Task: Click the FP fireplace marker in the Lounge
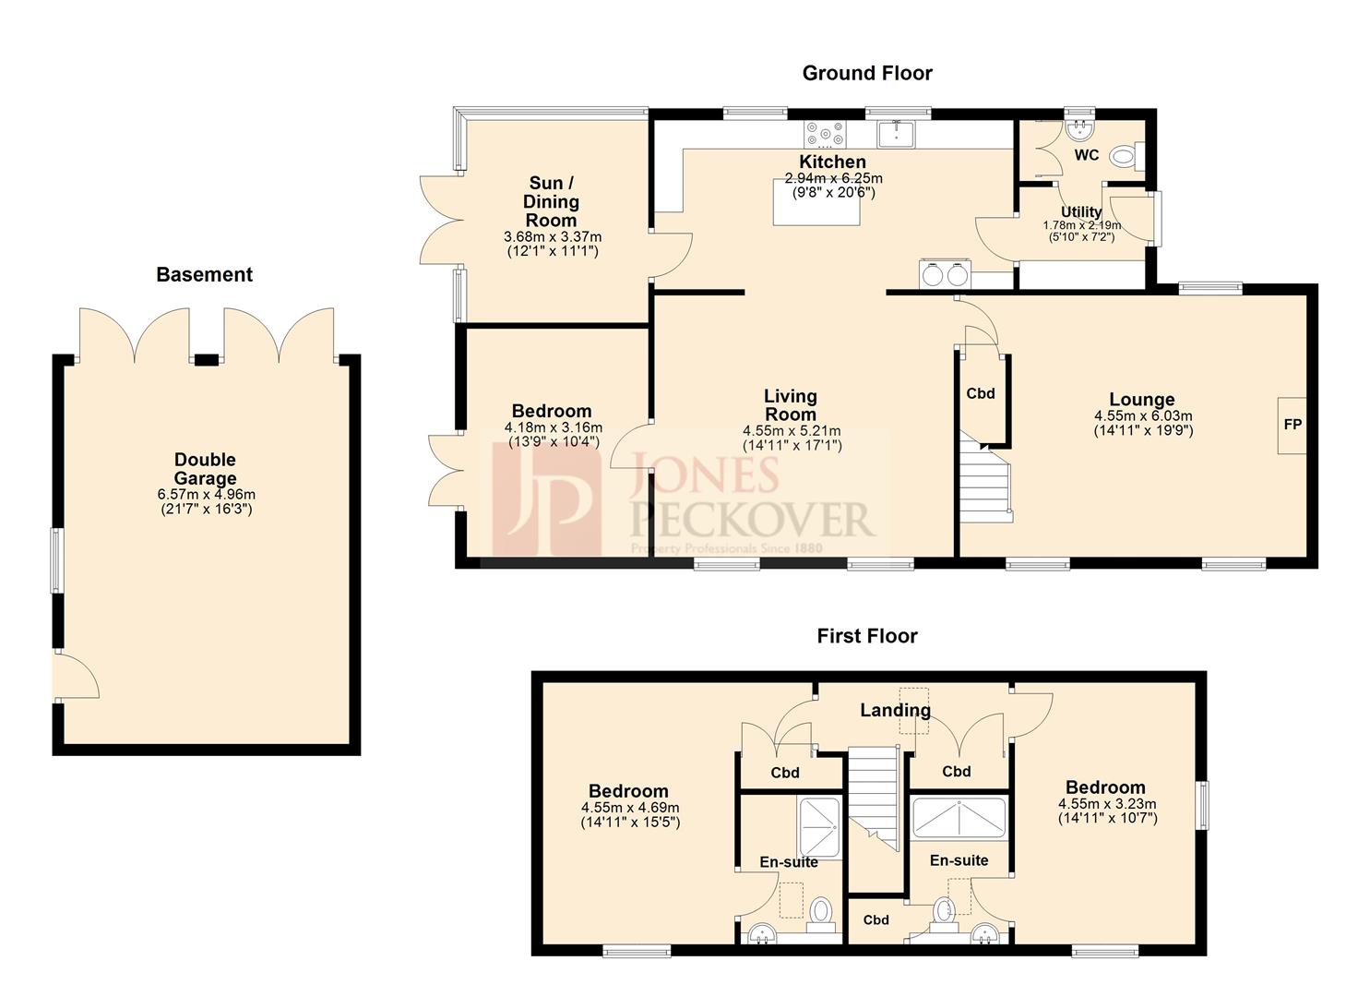click(1292, 425)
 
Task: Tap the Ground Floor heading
click(866, 73)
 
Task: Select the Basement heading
click(204, 274)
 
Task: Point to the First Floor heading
click(866, 636)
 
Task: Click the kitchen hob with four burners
click(824, 135)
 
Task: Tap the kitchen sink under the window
click(896, 134)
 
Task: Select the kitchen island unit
click(816, 202)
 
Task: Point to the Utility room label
click(1081, 211)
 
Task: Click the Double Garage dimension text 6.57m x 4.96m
click(206, 495)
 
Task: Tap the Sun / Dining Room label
click(551, 201)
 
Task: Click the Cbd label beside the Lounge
click(980, 393)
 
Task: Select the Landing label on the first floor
click(895, 710)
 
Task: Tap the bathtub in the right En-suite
click(959, 818)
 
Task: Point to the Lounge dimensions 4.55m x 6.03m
click(1142, 416)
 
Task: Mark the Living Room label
click(790, 404)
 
